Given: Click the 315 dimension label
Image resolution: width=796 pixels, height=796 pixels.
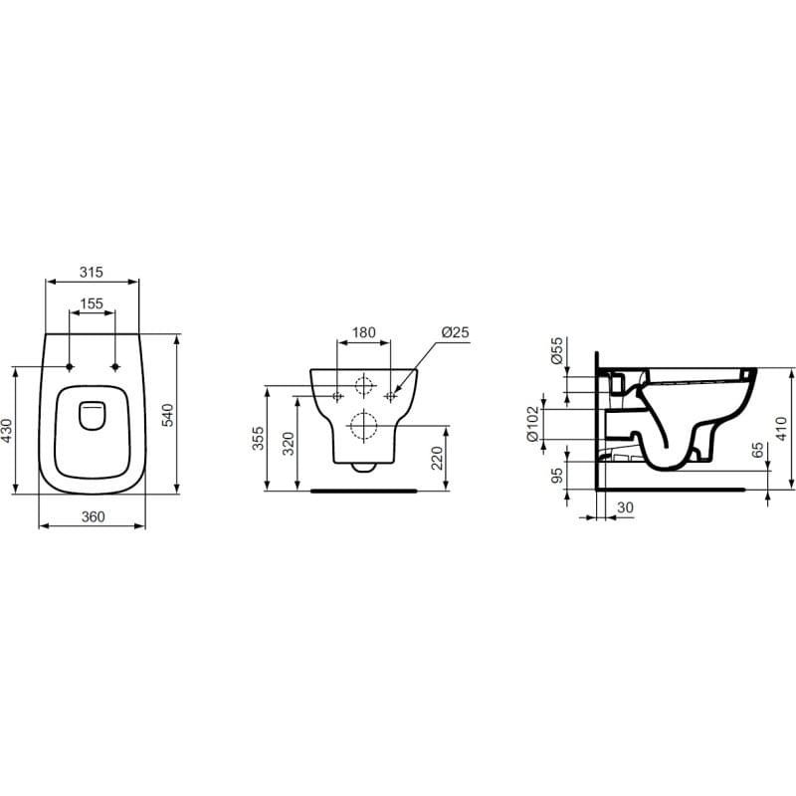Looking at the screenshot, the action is pos(92,272).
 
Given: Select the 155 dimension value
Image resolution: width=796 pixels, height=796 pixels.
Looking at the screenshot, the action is pos(92,303).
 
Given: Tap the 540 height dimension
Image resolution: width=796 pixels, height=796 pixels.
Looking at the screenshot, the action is pos(167,415).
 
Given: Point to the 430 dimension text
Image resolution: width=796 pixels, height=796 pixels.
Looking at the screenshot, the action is pos(7,430).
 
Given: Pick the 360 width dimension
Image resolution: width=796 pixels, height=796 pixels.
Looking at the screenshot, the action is pos(93,516).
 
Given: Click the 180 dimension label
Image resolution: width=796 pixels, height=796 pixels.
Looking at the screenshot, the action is pos(364,332).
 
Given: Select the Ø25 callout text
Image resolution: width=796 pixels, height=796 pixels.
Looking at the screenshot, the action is pos(456,332).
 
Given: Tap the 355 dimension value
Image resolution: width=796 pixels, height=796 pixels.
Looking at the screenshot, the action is pos(259,438).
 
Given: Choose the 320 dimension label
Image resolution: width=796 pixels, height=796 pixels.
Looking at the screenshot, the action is pos(289,443).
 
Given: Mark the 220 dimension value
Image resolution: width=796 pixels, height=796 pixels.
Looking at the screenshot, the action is pos(437,458).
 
